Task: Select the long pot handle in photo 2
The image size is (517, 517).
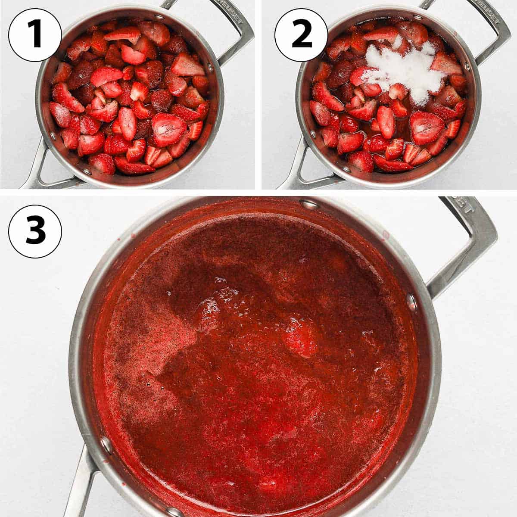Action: [297, 172]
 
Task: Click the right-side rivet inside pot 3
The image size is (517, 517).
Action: [411, 302]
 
